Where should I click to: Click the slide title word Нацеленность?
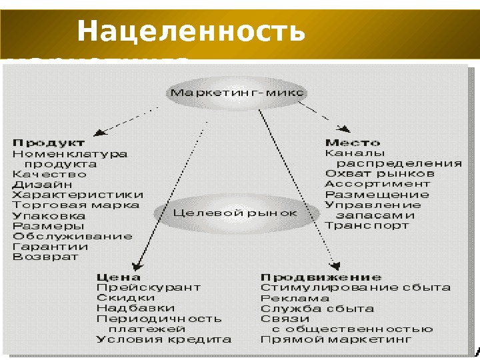click(191, 33)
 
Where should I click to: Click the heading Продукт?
click(49, 142)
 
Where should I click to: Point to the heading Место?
click(353, 143)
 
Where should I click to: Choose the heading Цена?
click(119, 277)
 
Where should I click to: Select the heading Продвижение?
click(321, 277)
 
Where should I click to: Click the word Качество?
click(50, 174)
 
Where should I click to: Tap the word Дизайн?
click(42, 184)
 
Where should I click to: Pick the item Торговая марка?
click(76, 205)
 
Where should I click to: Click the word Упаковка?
click(49, 215)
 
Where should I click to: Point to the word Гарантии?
click(50, 246)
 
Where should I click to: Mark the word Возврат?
click(45, 256)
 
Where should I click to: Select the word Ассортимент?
click(377, 183)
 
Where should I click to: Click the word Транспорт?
click(367, 225)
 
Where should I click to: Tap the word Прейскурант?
click(148, 287)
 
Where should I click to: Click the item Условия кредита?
click(164, 339)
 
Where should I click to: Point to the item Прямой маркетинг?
click(336, 339)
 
